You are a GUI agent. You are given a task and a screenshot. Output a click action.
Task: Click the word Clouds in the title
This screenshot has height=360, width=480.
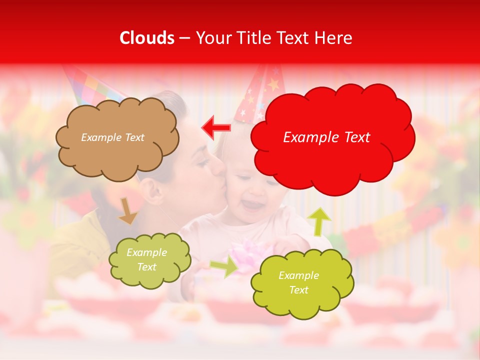click(147, 38)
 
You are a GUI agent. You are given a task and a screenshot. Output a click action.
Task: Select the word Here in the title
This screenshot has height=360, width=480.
click(334, 38)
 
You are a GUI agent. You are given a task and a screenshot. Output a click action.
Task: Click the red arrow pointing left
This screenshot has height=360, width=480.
click(216, 127)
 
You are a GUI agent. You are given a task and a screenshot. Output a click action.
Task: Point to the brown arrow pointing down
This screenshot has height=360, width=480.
click(127, 210)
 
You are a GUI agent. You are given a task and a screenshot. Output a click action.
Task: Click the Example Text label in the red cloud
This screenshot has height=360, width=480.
click(326, 137)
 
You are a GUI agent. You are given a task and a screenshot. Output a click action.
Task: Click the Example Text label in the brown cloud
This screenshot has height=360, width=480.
click(112, 137)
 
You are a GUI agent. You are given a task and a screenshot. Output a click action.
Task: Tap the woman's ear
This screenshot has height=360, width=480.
click(150, 190)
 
